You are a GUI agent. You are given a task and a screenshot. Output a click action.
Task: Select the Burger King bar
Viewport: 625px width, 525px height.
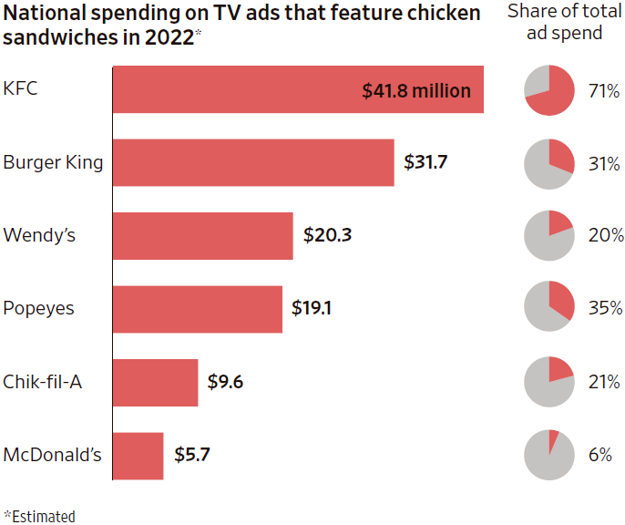(x=252, y=163)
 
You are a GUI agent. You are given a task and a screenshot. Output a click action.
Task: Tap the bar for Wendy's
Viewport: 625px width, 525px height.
(x=202, y=236)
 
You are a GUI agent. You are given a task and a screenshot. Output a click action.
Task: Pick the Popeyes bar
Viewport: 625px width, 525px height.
(x=197, y=309)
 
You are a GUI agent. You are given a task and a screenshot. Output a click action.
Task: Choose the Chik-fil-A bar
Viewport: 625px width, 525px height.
(x=155, y=382)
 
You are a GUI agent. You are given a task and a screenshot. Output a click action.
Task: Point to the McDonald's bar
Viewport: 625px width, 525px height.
(x=138, y=455)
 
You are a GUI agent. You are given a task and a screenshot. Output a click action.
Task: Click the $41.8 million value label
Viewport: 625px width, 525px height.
(x=416, y=91)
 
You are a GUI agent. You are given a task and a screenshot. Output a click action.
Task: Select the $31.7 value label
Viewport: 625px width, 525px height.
(x=427, y=163)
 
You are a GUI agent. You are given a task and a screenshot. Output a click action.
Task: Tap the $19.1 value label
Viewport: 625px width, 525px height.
(x=312, y=309)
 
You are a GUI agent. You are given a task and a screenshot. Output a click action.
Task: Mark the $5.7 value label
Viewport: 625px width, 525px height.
(x=192, y=455)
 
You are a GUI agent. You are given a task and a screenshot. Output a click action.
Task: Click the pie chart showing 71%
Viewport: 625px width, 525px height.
(x=549, y=91)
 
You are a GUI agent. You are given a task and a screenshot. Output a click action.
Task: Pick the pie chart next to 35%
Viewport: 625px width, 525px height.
(x=549, y=309)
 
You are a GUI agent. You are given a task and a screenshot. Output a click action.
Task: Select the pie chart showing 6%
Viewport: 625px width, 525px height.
(x=549, y=455)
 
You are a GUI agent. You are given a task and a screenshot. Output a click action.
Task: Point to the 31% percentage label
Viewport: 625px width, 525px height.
(x=604, y=164)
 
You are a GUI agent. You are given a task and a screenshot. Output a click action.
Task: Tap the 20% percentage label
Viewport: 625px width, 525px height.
(x=604, y=236)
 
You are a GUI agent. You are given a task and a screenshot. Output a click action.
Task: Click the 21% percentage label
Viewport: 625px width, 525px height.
(x=604, y=382)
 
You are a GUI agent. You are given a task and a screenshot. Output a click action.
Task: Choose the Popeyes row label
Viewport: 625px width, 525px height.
(x=37, y=309)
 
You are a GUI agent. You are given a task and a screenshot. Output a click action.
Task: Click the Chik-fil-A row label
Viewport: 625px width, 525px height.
(x=43, y=382)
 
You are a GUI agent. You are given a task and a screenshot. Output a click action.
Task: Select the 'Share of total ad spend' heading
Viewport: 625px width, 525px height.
(x=567, y=22)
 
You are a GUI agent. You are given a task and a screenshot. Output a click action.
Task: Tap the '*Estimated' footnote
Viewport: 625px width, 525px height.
(x=39, y=516)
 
